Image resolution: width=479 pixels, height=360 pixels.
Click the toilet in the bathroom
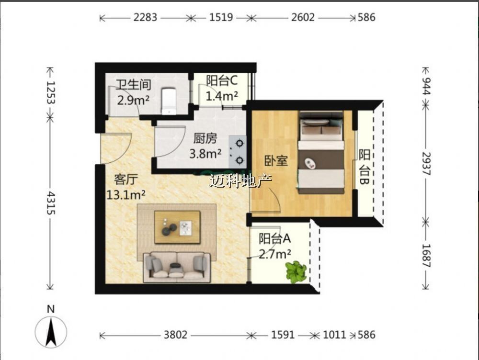[x=169, y=101]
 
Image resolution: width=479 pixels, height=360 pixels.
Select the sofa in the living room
[x=177, y=267]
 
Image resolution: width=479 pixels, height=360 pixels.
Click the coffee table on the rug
[x=177, y=227]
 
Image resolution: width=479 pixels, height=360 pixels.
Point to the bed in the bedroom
[x=321, y=153]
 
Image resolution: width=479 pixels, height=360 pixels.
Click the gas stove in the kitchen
[x=238, y=152]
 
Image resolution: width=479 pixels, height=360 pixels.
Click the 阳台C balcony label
[x=222, y=80]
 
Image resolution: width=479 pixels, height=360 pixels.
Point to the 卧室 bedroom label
[x=276, y=161]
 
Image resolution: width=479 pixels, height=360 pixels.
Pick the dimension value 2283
[x=145, y=17]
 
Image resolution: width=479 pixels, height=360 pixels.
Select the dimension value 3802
[x=175, y=335]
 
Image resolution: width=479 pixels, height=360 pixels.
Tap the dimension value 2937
[x=426, y=164]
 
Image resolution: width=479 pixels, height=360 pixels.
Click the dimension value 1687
[x=426, y=256]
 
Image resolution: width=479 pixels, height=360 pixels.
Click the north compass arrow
[x=51, y=332]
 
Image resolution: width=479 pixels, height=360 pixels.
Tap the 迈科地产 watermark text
[x=241, y=181]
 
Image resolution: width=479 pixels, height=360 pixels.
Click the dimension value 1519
[x=221, y=17]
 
